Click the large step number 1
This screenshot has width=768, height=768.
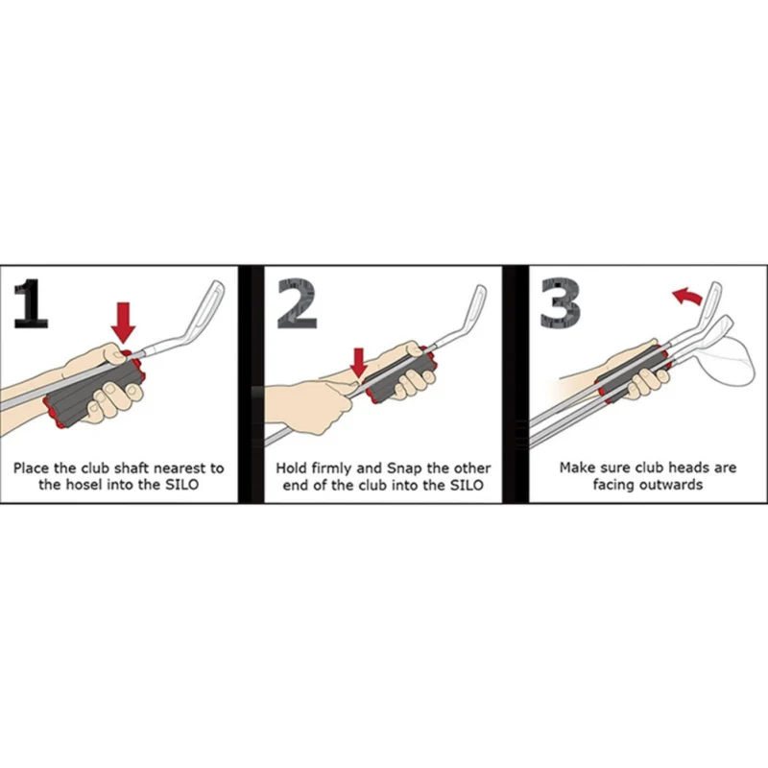click(32, 303)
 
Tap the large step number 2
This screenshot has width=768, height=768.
click(297, 303)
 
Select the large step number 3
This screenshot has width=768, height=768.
click(561, 303)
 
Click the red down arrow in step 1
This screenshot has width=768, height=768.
click(123, 323)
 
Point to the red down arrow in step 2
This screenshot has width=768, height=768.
click(359, 363)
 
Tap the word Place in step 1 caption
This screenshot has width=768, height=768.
click(31, 468)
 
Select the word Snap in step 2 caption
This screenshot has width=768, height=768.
click(404, 469)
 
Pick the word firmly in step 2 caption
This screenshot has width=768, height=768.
click(331, 469)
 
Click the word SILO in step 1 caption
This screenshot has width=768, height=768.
click(181, 485)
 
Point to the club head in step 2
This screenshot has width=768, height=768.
click(466, 314)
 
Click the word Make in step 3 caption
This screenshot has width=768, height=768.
click(578, 468)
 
